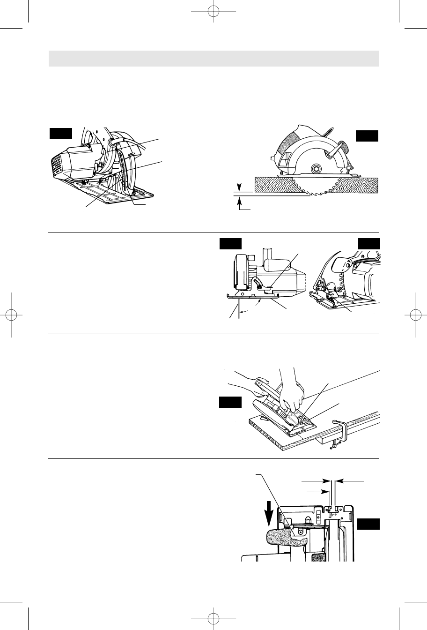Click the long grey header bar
pyautogui.click(x=213, y=59)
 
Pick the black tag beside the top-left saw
pyautogui.click(x=61, y=134)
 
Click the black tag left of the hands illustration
pyautogui.click(x=230, y=402)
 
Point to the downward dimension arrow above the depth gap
pyautogui.click(x=240, y=181)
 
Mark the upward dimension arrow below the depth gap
pyautogui.click(x=240, y=202)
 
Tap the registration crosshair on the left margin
pyautogui.click(x=10, y=315)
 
